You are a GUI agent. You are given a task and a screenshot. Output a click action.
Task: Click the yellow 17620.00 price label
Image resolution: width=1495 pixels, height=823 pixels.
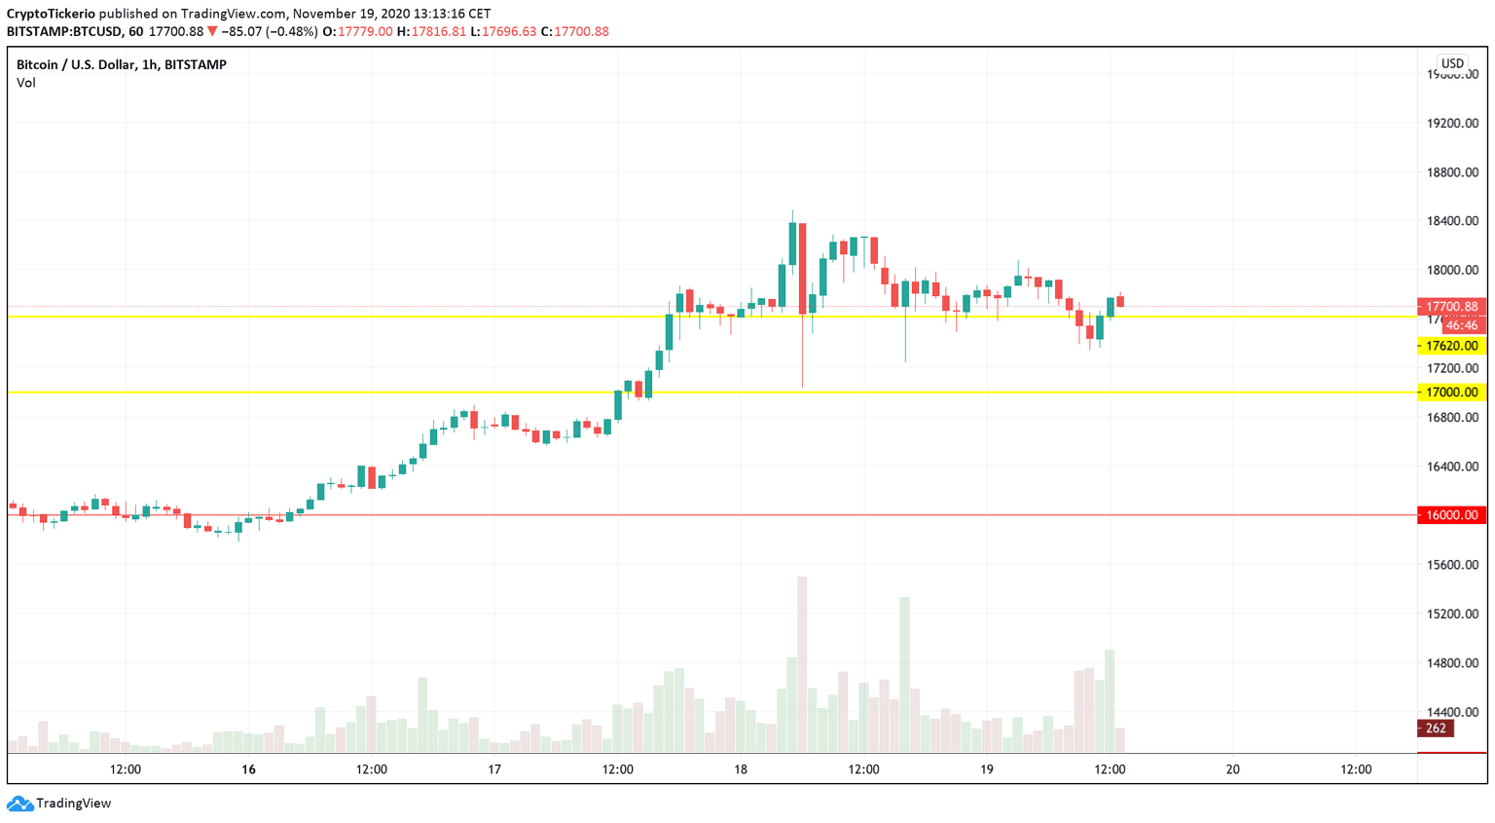tap(1451, 346)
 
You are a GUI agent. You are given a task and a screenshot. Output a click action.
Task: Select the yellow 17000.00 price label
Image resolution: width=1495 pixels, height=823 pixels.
tap(1451, 393)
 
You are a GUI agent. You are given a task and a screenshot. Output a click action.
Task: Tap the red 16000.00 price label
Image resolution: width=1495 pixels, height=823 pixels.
tap(1451, 515)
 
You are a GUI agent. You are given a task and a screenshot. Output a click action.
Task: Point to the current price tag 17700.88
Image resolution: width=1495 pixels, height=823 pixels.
tap(1451, 307)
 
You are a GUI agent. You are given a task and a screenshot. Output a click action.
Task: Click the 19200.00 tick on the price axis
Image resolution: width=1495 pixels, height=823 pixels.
tap(1452, 124)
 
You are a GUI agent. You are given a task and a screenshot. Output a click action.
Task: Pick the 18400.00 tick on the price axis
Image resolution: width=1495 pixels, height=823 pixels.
tap(1452, 221)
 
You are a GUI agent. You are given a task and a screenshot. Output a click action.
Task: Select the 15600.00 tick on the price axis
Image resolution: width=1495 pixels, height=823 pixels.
tap(1452, 565)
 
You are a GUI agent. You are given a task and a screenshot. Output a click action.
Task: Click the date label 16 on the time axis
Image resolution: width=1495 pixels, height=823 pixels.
tap(249, 769)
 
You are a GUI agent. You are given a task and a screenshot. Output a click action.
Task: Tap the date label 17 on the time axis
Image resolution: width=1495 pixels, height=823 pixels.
tap(494, 769)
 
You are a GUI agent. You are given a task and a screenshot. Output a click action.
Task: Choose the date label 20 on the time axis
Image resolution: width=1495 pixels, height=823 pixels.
tap(1232, 769)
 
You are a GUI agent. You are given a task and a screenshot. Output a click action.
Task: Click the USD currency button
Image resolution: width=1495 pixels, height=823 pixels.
tap(1452, 63)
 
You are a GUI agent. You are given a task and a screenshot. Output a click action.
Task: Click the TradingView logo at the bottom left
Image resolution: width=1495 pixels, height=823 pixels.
tap(59, 804)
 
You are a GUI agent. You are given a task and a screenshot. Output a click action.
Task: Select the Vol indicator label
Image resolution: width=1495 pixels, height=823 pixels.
tap(26, 83)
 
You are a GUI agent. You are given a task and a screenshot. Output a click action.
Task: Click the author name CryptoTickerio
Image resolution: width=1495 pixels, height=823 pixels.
tap(51, 14)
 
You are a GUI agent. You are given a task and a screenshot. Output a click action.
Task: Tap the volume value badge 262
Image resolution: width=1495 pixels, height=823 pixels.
tap(1435, 729)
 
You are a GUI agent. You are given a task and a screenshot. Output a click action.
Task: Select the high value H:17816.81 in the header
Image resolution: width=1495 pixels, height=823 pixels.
tap(431, 31)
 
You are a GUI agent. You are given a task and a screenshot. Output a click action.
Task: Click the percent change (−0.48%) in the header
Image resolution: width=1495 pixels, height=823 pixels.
tap(293, 31)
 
